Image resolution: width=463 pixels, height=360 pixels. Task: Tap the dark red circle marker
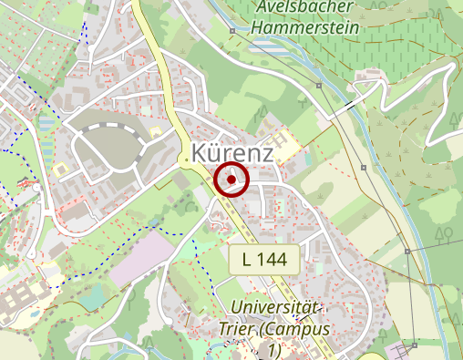pos(232,180)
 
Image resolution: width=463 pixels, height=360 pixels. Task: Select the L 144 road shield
pos(264,260)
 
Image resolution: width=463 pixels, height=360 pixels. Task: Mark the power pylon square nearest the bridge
pos(319,86)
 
